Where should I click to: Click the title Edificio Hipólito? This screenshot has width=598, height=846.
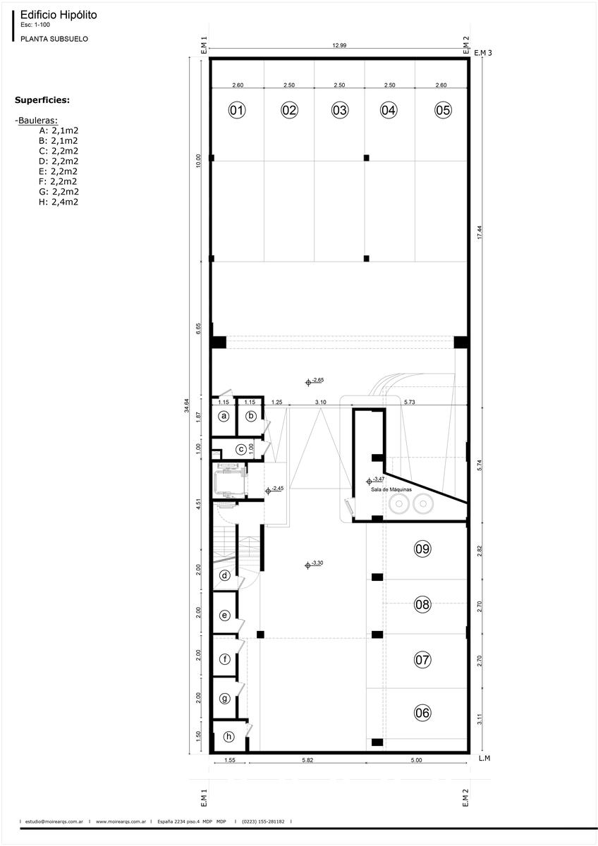[59, 15]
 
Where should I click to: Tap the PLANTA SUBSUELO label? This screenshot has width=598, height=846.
[54, 39]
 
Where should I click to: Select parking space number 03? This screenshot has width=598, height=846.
[339, 110]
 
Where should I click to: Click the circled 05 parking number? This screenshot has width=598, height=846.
[443, 110]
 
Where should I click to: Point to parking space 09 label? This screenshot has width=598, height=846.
[422, 548]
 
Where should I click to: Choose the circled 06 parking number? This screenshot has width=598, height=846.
[422, 712]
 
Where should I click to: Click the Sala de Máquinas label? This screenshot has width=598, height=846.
[391, 489]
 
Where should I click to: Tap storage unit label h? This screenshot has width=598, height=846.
[228, 737]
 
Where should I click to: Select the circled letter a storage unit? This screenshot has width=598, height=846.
[224, 416]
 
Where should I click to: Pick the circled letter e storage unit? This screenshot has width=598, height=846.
[224, 615]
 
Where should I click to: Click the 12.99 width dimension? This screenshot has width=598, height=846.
[339, 45]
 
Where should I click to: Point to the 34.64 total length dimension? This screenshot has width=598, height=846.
[187, 405]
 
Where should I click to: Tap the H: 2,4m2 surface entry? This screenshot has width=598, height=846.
[58, 202]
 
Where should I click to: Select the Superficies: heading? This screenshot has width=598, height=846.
[42, 100]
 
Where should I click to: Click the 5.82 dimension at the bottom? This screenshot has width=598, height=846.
[307, 760]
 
